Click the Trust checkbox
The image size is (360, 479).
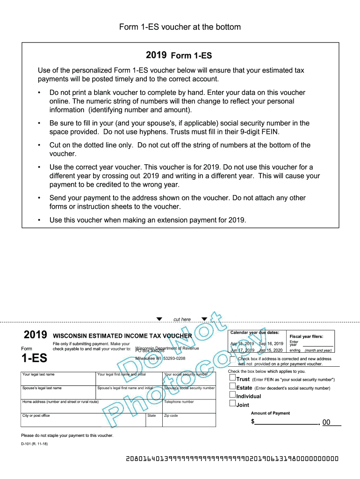tap(232, 379)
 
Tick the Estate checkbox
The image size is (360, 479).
tap(232, 387)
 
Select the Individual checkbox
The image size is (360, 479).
tap(232, 396)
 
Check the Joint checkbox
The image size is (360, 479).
tap(232, 404)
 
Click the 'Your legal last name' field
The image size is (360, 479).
tap(58, 380)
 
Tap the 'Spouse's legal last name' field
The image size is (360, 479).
tap(58, 393)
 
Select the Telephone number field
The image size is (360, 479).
tap(189, 407)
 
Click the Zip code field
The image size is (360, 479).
tap(189, 421)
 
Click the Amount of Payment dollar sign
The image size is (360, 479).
tap(253, 422)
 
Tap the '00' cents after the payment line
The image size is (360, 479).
tap(326, 422)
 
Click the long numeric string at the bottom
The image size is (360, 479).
tap(232, 459)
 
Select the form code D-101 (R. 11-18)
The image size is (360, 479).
tap(35, 450)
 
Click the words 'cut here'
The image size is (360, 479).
tap(182, 319)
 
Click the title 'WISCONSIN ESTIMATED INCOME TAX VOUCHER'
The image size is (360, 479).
tap(122, 336)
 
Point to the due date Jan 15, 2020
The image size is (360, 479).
tap(271, 350)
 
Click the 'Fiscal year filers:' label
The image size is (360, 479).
tap(306, 336)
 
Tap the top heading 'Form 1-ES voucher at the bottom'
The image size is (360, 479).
tap(180, 27)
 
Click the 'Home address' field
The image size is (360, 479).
tap(91, 407)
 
